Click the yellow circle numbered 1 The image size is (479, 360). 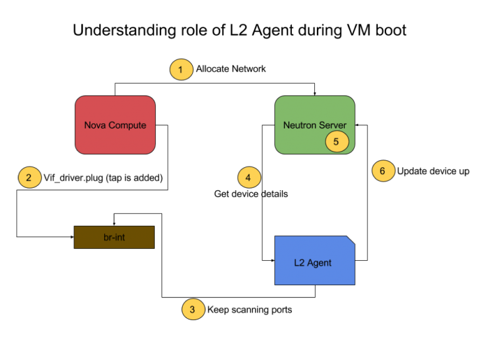[181, 69]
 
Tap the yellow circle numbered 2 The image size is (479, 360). [29, 177]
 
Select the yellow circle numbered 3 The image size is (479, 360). [193, 309]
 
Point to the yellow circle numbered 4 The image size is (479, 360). [249, 178]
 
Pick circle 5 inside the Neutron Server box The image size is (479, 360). [337, 142]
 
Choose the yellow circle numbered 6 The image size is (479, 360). [384, 170]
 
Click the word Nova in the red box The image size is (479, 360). [94, 125]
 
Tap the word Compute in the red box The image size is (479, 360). [127, 125]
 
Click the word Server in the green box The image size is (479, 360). [333, 125]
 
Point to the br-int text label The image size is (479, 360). [114, 237]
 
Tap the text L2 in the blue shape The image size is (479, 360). [299, 263]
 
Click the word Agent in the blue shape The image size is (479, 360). [319, 263]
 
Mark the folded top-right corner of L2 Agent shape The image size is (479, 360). [351, 240]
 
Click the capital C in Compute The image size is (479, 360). [111, 125]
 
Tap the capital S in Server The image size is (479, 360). [322, 125]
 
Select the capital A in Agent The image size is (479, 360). [311, 263]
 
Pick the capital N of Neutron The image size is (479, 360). [286, 125]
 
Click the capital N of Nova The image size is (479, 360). [87, 125]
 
